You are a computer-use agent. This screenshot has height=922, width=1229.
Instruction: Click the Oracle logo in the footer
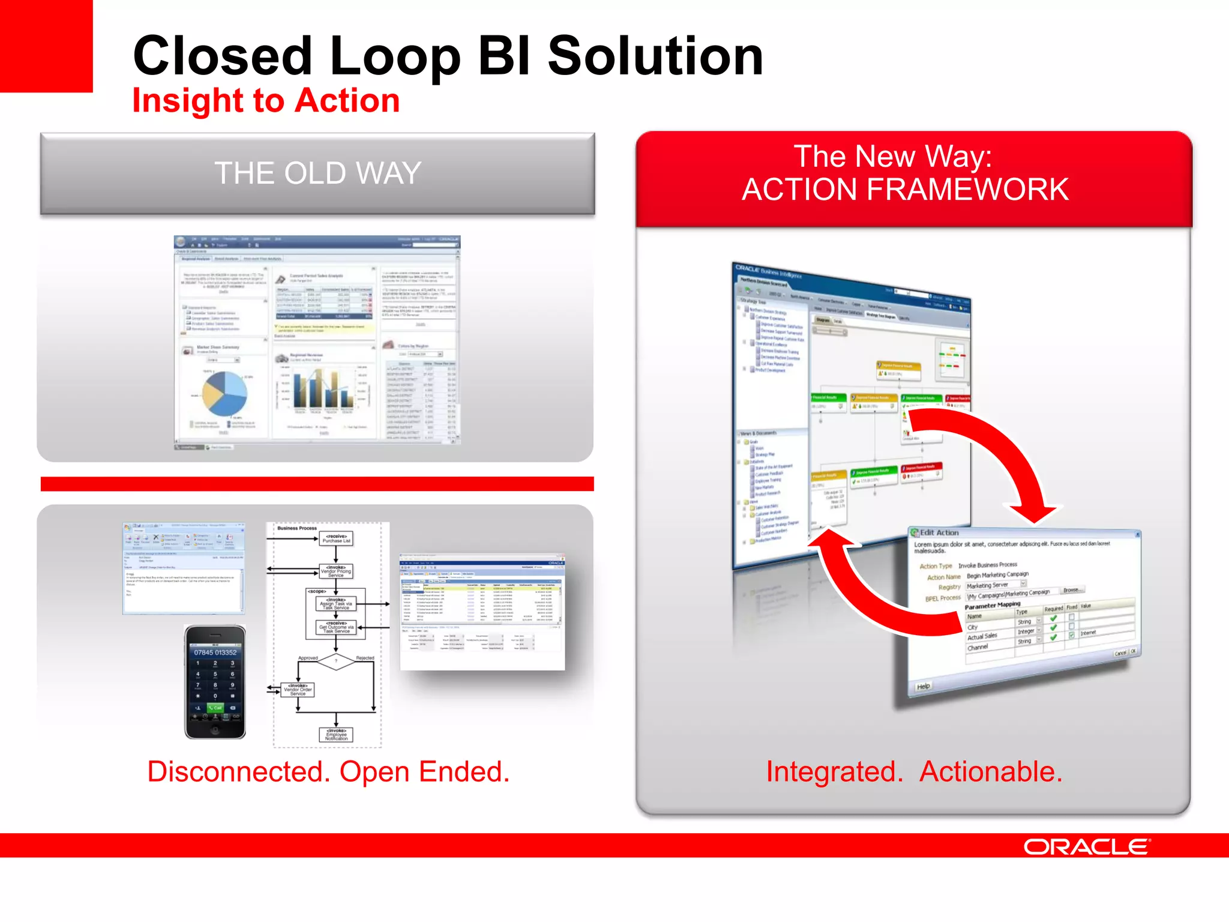pyautogui.click(x=1086, y=846)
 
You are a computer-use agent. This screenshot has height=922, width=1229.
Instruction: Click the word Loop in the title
pyautogui.click(x=395, y=57)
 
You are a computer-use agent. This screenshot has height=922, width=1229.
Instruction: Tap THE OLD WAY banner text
pyautogui.click(x=317, y=173)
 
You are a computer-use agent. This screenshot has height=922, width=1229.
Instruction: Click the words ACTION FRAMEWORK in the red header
pyautogui.click(x=905, y=190)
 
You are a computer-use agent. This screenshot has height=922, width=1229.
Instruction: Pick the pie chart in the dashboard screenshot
pyautogui.click(x=224, y=393)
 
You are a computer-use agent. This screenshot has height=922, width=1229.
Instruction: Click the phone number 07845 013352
pyautogui.click(x=215, y=652)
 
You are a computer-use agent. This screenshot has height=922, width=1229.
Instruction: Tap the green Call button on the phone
pyautogui.click(x=215, y=708)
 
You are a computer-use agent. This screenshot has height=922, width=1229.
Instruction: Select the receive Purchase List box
pyautogui.click(x=336, y=538)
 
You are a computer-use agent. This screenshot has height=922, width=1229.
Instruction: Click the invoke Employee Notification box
pyautogui.click(x=336, y=735)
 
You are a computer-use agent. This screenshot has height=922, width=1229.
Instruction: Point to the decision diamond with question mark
pyautogui.click(x=336, y=661)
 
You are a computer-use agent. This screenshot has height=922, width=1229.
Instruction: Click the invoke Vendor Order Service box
pyautogui.click(x=298, y=690)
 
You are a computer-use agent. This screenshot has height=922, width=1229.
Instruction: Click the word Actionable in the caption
pyautogui.click(x=990, y=772)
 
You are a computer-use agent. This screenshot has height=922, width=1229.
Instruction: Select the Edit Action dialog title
pyautogui.click(x=939, y=532)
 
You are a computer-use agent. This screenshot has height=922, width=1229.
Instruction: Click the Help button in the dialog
pyautogui.click(x=924, y=686)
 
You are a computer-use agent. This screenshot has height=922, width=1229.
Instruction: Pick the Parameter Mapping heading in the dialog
pyautogui.click(x=992, y=605)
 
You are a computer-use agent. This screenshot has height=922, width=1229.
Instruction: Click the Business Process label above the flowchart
pyautogui.click(x=297, y=528)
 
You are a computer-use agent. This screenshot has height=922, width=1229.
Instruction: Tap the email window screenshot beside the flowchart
pyautogui.click(x=184, y=568)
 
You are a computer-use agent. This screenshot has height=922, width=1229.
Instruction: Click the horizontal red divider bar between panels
pyautogui.click(x=317, y=484)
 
